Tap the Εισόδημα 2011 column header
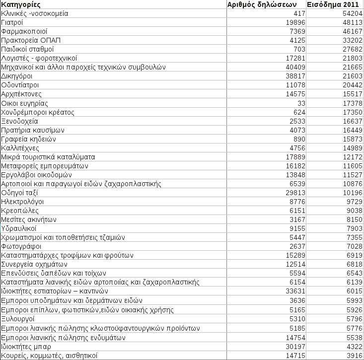(x=335, y=4)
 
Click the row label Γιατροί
(x=13, y=22)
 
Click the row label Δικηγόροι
(x=17, y=76)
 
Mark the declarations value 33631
(x=294, y=291)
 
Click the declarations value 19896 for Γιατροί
(x=294, y=22)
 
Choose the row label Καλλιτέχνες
(x=20, y=148)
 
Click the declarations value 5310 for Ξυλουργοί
(x=296, y=318)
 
